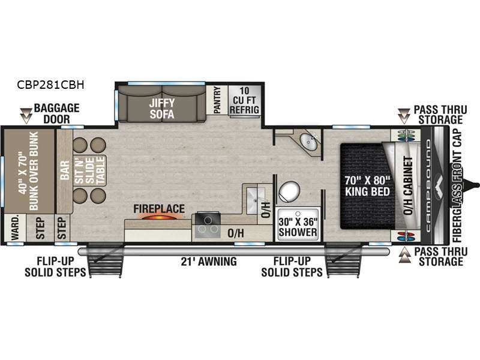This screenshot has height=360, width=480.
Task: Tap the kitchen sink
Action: pos(256,196)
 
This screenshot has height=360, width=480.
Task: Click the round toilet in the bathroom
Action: pos(290,192)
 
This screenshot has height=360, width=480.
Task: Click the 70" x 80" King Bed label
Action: pos(367,186)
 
